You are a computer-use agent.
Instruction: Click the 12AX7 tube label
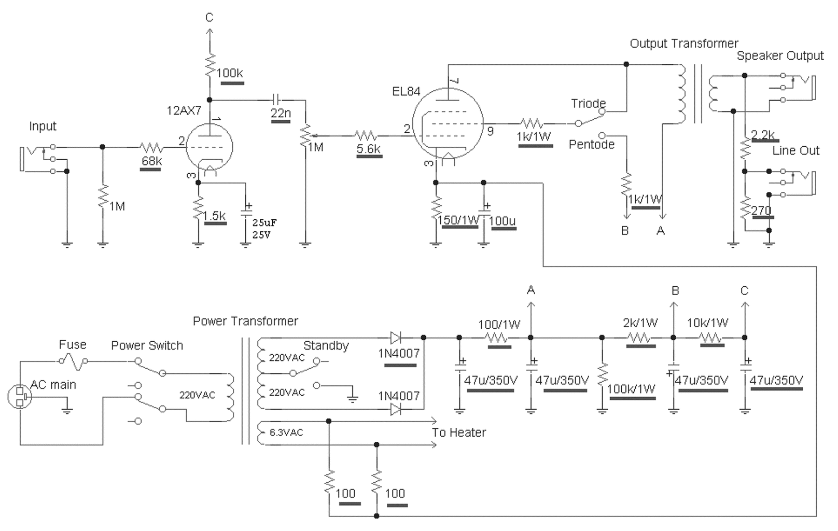[x=184, y=110]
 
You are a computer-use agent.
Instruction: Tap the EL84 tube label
[x=406, y=91]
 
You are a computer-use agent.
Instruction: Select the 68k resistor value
[x=151, y=161]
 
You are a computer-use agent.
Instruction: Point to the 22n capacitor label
[x=281, y=113]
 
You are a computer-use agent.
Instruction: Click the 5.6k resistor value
[x=369, y=148]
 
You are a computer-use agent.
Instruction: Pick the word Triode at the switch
[x=588, y=103]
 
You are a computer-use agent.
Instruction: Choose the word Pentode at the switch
[x=592, y=144]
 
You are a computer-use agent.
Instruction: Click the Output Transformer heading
[x=684, y=44]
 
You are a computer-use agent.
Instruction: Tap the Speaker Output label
[x=780, y=56]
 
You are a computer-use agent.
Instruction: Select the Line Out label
[x=795, y=150]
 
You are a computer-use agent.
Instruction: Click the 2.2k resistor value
[x=763, y=134]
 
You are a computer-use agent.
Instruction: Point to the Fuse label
[x=73, y=344]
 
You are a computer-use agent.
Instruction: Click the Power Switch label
[x=147, y=345]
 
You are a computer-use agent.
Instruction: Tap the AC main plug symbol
[x=20, y=397]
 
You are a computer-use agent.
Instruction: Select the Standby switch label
[x=326, y=345]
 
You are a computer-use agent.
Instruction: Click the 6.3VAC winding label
[x=286, y=432]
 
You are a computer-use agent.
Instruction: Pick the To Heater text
[x=458, y=432]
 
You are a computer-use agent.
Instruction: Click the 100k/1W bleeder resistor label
[x=631, y=389]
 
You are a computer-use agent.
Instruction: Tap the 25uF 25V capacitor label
[x=264, y=229]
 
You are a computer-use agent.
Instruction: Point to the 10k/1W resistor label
[x=707, y=323]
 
